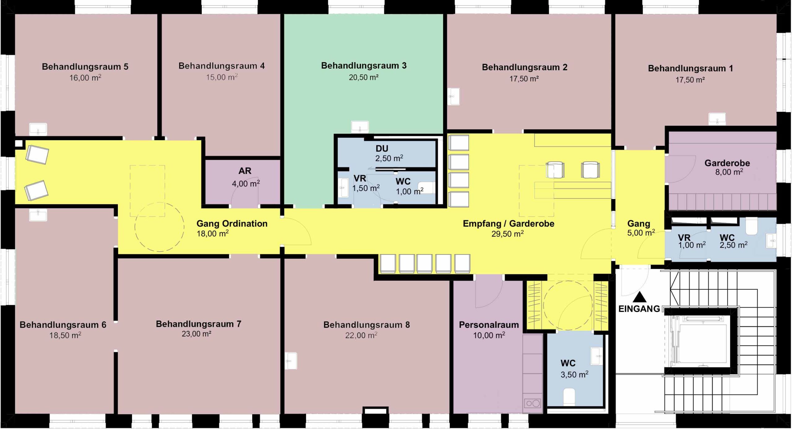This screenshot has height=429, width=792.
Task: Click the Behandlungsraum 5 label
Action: coord(85,67)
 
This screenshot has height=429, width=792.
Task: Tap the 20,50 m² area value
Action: coord(364,77)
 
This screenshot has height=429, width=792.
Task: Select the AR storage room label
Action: coord(245,171)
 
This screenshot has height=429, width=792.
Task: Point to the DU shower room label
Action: coord(382,149)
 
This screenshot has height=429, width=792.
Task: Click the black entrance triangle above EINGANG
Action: coord(639,297)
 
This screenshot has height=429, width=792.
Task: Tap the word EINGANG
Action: coord(639,309)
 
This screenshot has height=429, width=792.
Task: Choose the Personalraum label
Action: coord(489,325)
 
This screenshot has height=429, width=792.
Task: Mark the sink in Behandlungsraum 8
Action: coord(291,361)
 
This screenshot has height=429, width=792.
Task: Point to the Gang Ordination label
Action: coord(232,223)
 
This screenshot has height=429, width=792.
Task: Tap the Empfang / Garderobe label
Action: coord(508,223)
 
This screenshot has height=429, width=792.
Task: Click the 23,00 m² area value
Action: coord(196,334)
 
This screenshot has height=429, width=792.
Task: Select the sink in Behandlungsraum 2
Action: coord(454,96)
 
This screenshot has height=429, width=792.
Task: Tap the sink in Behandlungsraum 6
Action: coord(38,214)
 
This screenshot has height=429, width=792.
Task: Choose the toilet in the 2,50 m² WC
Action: coord(752,227)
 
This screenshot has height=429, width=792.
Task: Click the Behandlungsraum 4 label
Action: coord(222,66)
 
